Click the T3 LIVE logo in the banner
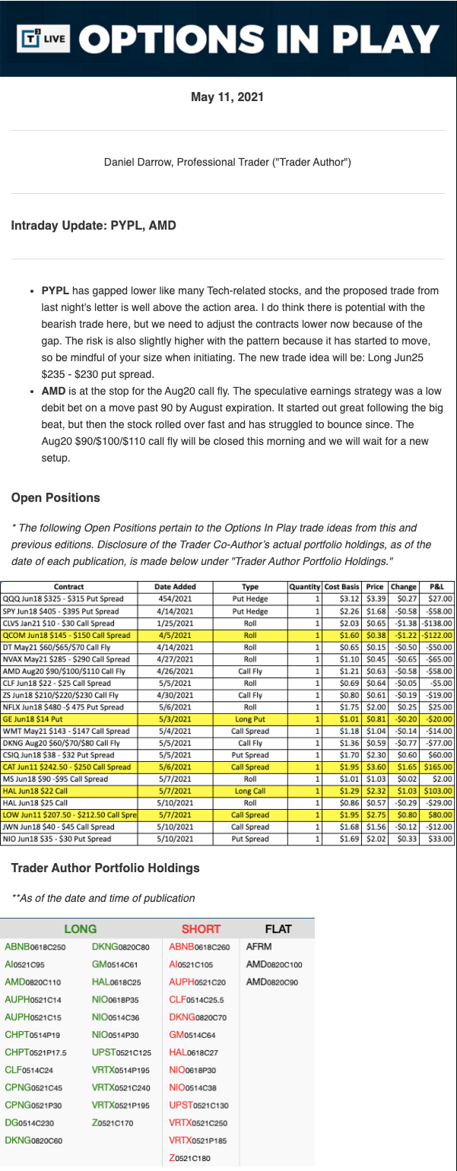click(43, 37)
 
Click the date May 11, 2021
click(227, 97)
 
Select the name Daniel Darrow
click(138, 162)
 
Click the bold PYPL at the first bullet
click(56, 291)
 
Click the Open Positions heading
click(56, 498)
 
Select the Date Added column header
click(175, 586)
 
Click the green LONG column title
click(81, 928)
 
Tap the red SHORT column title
click(201, 928)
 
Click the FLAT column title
click(278, 928)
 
